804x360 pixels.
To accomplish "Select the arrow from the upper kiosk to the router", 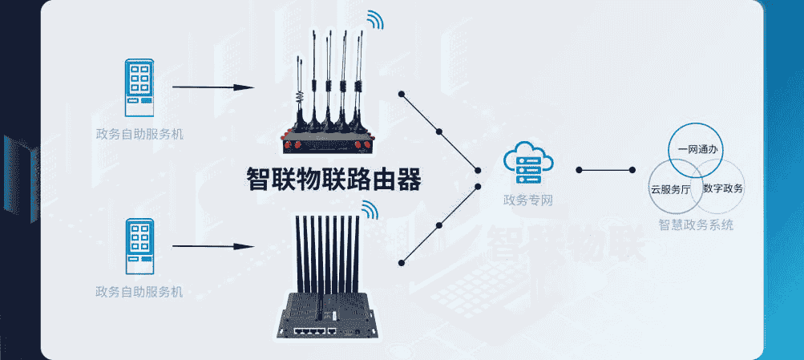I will point(213,87).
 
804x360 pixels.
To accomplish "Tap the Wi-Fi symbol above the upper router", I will point(375,20).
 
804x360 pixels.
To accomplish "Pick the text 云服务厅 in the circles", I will point(671,190).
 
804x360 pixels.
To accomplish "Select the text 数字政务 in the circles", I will point(723,189).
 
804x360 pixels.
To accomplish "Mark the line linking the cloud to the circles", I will point(606,170).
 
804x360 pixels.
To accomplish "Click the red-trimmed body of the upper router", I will point(324,144).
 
